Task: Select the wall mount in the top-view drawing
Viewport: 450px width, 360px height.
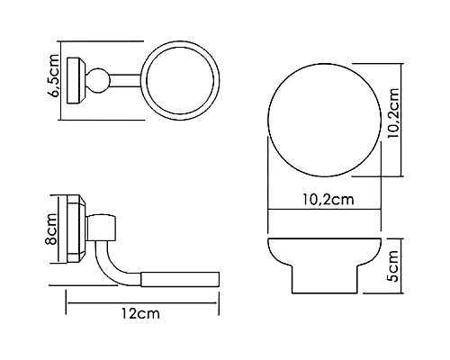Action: [79, 80]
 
